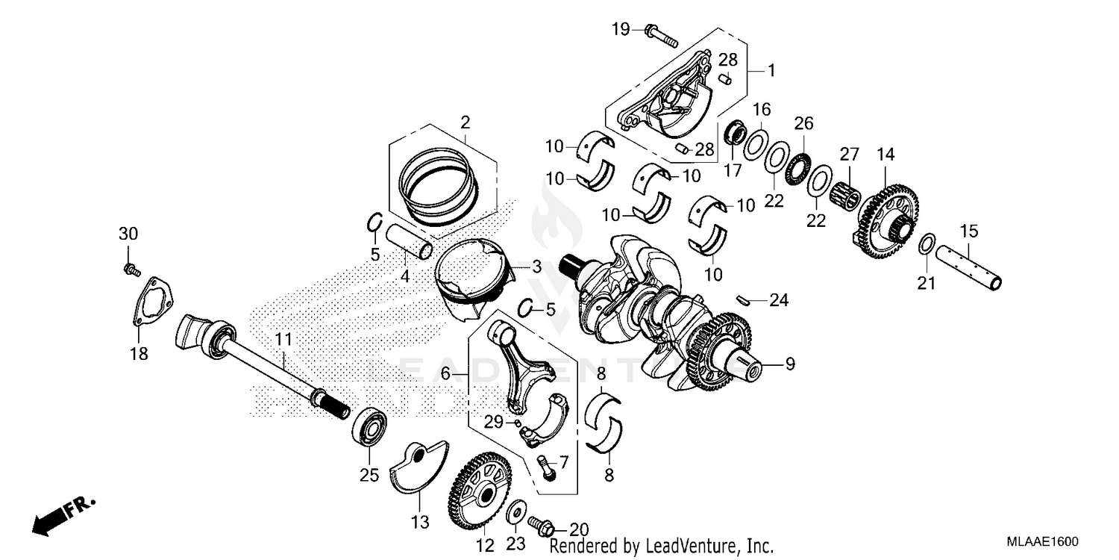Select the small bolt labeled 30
pos(131,267)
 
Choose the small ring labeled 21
pos(927,243)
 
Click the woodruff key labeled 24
pos(741,300)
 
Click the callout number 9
pos(789,364)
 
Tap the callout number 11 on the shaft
pos(283,340)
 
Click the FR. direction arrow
pos(63,515)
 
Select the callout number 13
pos(419,520)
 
